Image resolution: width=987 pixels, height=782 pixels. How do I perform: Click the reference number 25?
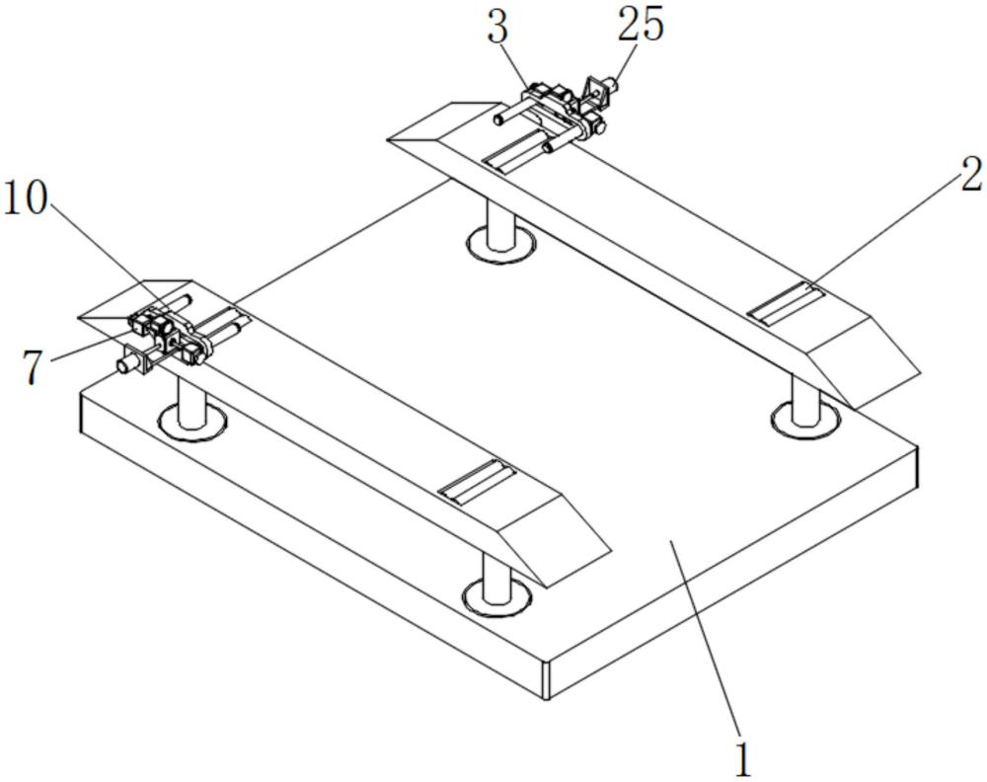(x=641, y=26)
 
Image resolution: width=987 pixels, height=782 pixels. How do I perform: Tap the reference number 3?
(x=497, y=28)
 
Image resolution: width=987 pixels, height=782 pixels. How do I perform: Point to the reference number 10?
(x=26, y=199)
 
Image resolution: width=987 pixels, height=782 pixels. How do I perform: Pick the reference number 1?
(x=743, y=760)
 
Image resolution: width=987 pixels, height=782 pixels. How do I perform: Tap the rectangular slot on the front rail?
(x=477, y=482)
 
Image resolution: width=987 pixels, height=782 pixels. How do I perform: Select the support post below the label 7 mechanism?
(x=191, y=404)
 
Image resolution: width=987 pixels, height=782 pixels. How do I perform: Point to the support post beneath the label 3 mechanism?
(x=501, y=223)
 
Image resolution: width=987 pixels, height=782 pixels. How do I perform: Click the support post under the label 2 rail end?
(x=805, y=402)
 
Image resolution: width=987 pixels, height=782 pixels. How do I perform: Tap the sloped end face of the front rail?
(x=553, y=540)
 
